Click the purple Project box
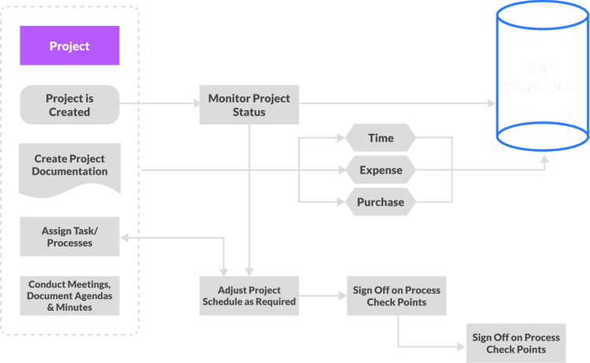pyautogui.click(x=69, y=46)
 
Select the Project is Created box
pyautogui.click(x=69, y=106)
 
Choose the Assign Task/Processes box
pyautogui.click(x=69, y=237)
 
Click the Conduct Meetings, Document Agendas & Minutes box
pyautogui.click(x=69, y=296)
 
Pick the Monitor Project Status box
pyautogui.click(x=249, y=105)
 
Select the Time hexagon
pyautogui.click(x=381, y=139)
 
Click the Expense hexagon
pyautogui.click(x=381, y=170)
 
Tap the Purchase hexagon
pyautogui.click(x=381, y=202)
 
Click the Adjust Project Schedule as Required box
pyautogui.click(x=249, y=295)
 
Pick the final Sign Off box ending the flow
pyautogui.click(x=515, y=343)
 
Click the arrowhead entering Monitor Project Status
pyautogui.click(x=191, y=102)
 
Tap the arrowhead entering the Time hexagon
pyautogui.click(x=341, y=139)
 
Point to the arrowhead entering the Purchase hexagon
pyautogui.click(x=341, y=202)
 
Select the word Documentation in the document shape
pyautogui.click(x=70, y=172)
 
